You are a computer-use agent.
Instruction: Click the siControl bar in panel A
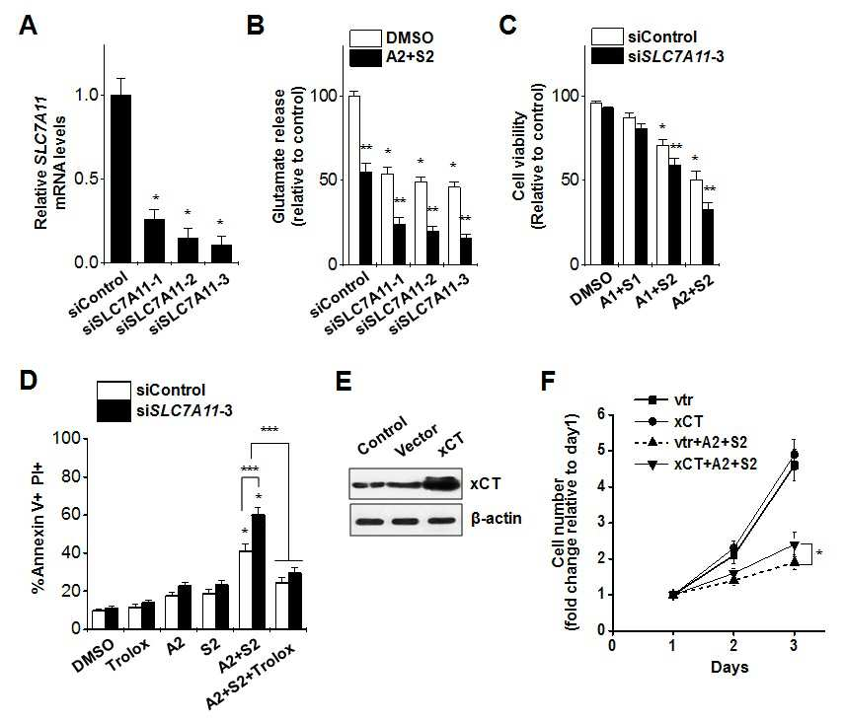pos(120,179)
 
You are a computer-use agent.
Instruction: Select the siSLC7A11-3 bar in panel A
pos(221,253)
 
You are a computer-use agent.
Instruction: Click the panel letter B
pos(256,26)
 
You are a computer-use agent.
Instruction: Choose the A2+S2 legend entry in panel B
pos(392,56)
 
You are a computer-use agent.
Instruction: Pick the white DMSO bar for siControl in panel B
pos(354,180)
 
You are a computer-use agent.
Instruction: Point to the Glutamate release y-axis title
pos(287,156)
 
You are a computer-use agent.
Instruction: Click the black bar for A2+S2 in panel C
pos(707,237)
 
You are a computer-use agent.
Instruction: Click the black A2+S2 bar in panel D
pos(259,571)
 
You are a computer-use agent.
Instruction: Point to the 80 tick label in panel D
pos(69,476)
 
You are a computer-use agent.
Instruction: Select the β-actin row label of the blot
pos(497,519)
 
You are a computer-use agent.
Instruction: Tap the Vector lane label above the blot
pos(416,440)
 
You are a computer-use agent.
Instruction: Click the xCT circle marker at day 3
pos(794,455)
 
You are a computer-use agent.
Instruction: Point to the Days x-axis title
pos(729,667)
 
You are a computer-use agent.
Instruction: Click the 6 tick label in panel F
pos(602,414)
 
